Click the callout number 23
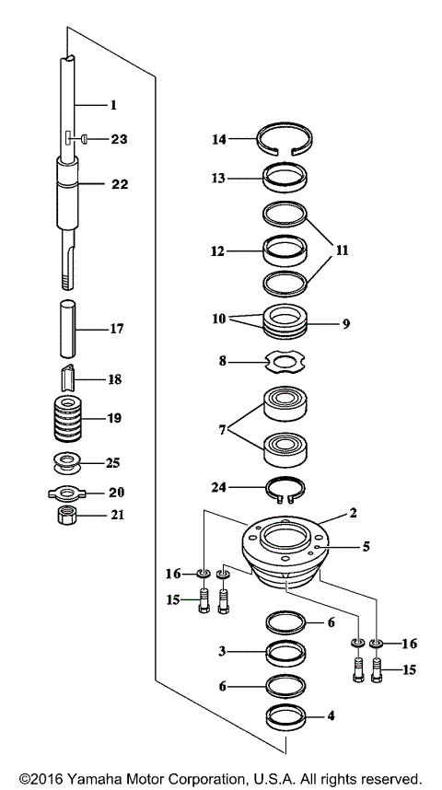pos(120,140)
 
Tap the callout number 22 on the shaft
pos(120,184)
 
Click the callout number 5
pos(366,546)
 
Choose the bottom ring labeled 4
pos(286,715)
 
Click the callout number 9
pos(346,324)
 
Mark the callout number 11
pos(343,250)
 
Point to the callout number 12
pos(217,250)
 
